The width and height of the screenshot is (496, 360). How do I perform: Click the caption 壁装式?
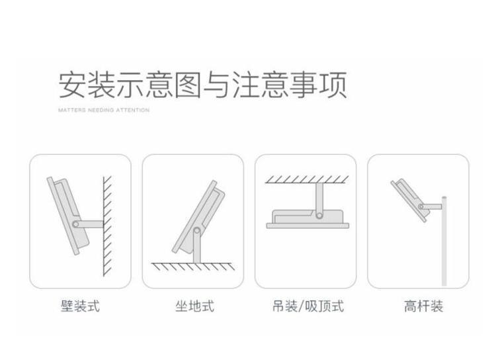(x=80, y=306)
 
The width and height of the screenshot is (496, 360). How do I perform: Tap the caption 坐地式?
(x=195, y=306)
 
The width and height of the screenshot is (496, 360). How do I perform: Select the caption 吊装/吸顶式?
(x=308, y=306)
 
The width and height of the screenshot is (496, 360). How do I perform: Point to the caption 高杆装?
(x=423, y=306)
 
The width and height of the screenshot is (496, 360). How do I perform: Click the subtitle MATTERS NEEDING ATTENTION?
(x=104, y=111)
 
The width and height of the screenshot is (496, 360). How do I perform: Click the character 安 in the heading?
(x=72, y=85)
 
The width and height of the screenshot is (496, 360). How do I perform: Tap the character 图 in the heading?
(x=188, y=85)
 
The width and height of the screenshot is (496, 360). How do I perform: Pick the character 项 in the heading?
(x=333, y=85)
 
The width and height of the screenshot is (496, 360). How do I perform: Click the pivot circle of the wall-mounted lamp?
(x=75, y=224)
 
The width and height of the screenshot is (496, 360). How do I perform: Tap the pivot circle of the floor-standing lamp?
(x=197, y=230)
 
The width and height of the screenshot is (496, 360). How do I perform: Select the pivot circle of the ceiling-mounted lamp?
(x=319, y=215)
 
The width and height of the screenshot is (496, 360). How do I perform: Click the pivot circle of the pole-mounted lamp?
(x=421, y=207)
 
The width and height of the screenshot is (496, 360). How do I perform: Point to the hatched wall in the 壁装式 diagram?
(x=108, y=226)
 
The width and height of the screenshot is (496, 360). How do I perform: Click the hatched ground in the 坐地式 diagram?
(x=193, y=267)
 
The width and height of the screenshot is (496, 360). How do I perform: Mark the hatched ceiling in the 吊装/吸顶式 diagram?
(x=307, y=179)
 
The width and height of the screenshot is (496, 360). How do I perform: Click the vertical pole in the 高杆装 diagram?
(x=444, y=241)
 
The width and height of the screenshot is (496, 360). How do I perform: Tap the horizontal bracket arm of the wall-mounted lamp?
(x=90, y=224)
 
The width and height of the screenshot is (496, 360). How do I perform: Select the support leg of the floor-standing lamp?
(x=197, y=246)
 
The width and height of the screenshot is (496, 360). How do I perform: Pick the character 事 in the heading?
(x=304, y=85)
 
